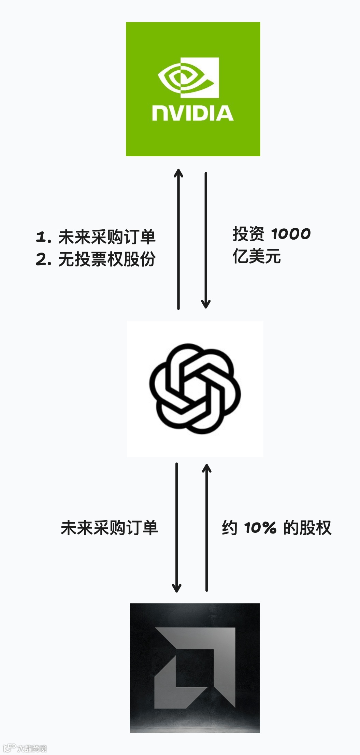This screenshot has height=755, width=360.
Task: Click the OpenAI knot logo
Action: pos(195,389)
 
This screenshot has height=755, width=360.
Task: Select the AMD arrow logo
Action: pos(195,667)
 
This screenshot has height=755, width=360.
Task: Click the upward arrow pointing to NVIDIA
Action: pos(178,239)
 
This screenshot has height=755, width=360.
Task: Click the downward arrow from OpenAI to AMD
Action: pos(176,527)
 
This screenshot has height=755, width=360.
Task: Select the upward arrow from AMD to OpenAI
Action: pos(206,527)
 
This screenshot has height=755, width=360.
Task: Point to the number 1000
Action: pos(291,234)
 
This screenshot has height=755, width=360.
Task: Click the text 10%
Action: pos(260,528)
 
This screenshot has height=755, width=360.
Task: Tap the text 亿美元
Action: pos(257,256)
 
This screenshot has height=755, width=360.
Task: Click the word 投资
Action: pos(248,234)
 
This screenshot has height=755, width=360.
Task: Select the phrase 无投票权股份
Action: pos(107,259)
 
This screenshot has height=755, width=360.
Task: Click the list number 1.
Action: pos(43,237)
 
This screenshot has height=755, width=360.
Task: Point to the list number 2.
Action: pos(43,259)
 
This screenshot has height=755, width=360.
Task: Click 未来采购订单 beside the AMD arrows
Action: pos(109,528)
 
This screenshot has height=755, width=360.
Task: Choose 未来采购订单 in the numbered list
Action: pos(107,237)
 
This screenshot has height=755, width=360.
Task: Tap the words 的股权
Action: pos(307,528)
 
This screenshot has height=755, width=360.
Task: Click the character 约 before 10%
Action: pos(230,528)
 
